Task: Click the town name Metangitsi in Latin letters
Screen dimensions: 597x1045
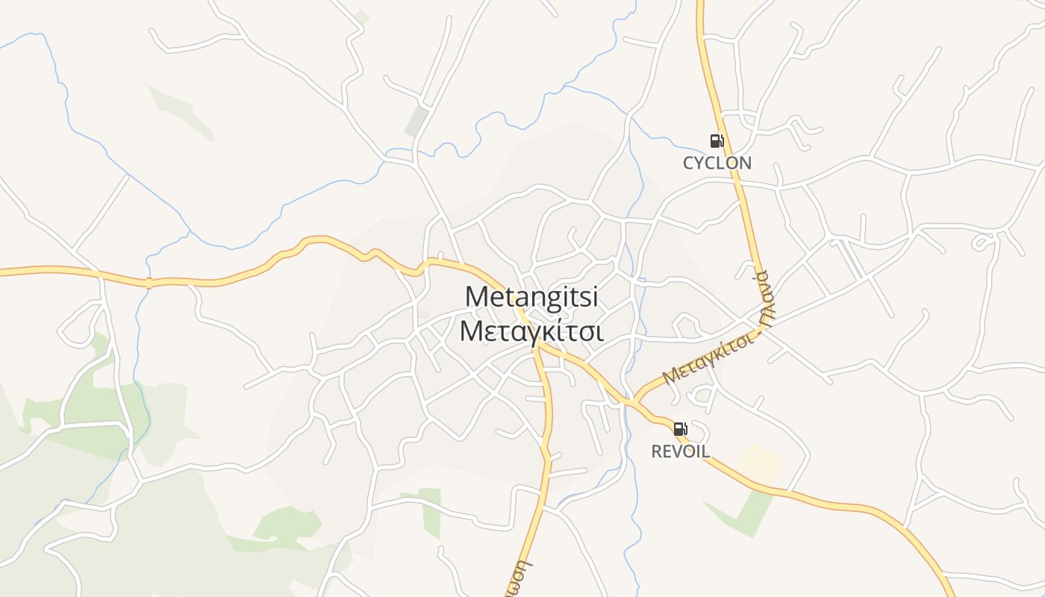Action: tap(531, 296)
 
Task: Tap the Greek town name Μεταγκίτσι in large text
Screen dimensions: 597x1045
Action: tap(531, 331)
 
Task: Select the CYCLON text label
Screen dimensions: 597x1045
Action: tap(717, 163)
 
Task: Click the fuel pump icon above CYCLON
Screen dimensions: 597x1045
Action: tap(717, 140)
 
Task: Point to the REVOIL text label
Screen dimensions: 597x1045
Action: tap(680, 451)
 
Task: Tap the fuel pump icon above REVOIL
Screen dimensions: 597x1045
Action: tap(680, 429)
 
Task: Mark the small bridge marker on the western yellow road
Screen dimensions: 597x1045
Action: tap(149, 283)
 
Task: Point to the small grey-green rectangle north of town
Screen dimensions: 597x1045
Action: tap(417, 122)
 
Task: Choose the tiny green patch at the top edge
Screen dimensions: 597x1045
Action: tap(361, 16)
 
